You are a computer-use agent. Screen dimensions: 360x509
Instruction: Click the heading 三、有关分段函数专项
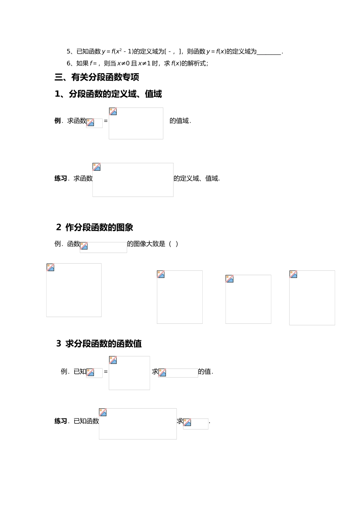pos(97,77)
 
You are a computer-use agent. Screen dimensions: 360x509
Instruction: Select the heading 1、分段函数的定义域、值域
pos(108,94)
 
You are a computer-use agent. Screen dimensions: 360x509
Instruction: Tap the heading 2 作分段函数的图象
pos(95,227)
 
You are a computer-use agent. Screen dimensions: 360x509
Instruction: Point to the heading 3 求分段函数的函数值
pos(99,343)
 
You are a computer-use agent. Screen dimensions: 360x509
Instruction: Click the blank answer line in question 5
pos(269,52)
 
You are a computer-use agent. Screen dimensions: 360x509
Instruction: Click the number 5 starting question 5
pos(69,52)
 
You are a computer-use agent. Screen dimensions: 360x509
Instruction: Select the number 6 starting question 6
pos(69,63)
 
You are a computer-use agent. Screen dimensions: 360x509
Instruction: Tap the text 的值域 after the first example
pos(179,121)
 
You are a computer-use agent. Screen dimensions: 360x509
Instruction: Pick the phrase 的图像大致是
pos(146,244)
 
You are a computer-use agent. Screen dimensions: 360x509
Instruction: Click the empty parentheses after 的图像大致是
pos(174,244)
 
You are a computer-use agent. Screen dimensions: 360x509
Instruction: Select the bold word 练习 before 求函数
pos(61,178)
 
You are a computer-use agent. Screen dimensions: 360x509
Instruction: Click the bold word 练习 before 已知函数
pos(61,421)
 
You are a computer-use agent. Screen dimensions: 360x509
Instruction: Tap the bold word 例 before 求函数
pos(58,121)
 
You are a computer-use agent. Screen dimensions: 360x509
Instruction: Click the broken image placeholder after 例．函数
pos(103,247)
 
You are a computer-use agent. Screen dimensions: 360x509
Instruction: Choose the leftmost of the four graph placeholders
pos(74,290)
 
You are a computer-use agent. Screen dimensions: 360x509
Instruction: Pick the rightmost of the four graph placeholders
pos(312,298)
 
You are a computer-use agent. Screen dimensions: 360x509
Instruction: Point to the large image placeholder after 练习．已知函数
pos(138,424)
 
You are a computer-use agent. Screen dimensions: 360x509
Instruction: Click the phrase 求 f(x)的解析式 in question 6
pos(186,63)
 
